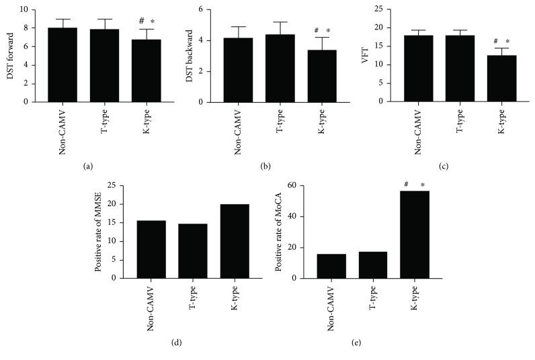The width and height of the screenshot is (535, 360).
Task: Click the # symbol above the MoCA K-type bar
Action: point(406,185)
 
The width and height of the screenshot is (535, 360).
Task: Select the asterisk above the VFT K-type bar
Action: point(507,42)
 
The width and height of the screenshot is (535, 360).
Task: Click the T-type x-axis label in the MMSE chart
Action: point(194,300)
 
